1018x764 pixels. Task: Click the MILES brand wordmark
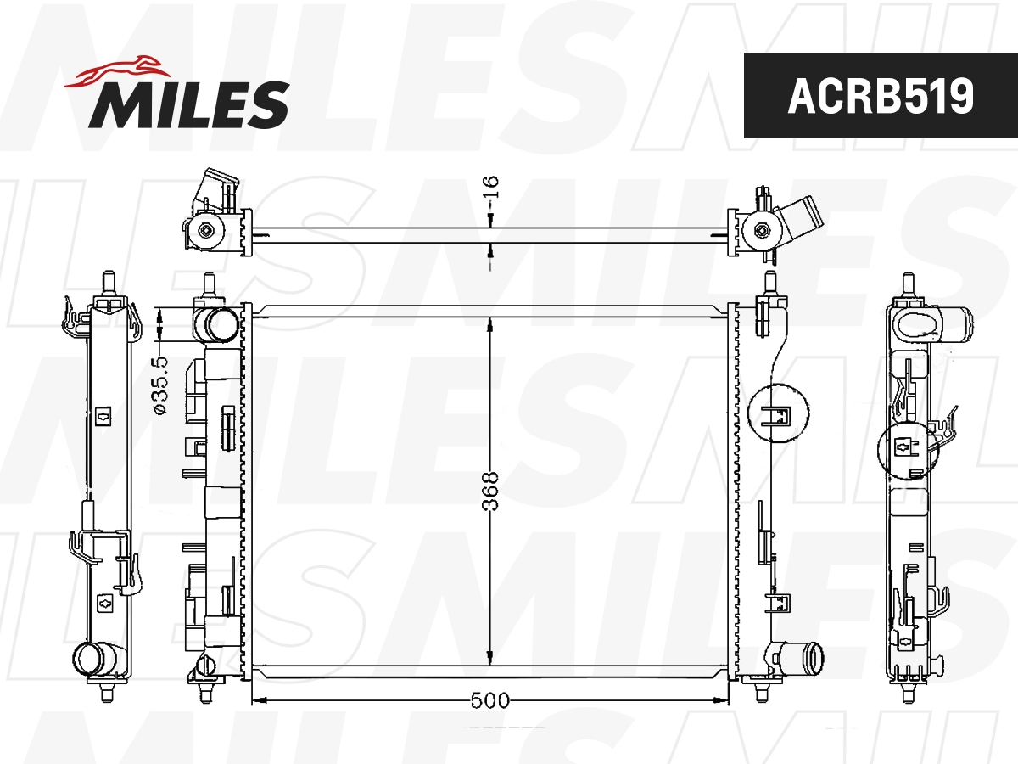coord(189,104)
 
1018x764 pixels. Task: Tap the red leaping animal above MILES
coord(118,72)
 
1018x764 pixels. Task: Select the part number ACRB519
coord(881,96)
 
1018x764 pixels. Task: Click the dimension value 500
coord(489,700)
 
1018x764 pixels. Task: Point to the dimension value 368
coord(489,492)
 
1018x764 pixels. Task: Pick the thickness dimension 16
coord(490,187)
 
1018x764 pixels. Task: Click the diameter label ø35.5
coord(160,385)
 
